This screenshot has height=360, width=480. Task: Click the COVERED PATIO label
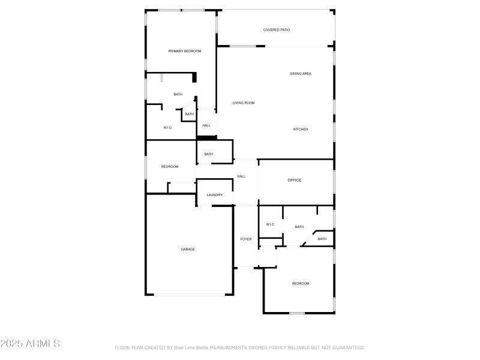(x=277, y=29)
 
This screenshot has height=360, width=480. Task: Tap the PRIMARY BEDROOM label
(x=184, y=51)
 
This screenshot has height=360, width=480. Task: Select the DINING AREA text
(x=301, y=73)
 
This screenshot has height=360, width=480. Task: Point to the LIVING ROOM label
(x=244, y=103)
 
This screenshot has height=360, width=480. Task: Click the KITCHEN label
(x=301, y=129)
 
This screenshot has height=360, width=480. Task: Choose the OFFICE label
(x=294, y=180)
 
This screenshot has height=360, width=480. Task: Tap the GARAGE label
(x=188, y=249)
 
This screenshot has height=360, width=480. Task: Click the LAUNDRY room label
(x=215, y=195)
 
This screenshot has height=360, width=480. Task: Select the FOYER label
(x=246, y=239)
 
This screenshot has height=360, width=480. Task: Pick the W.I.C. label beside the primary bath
(x=168, y=127)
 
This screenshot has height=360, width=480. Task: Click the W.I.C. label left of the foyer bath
(x=271, y=224)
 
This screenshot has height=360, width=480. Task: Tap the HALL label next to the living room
(x=206, y=125)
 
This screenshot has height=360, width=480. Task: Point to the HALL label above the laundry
(x=241, y=176)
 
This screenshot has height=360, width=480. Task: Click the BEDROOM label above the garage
(x=170, y=166)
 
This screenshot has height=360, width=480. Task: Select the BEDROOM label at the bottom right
(x=301, y=283)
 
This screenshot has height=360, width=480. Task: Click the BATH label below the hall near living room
(x=208, y=154)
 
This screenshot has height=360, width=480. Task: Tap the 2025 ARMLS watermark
(x=30, y=344)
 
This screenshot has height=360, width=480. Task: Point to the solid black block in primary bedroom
(x=194, y=77)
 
